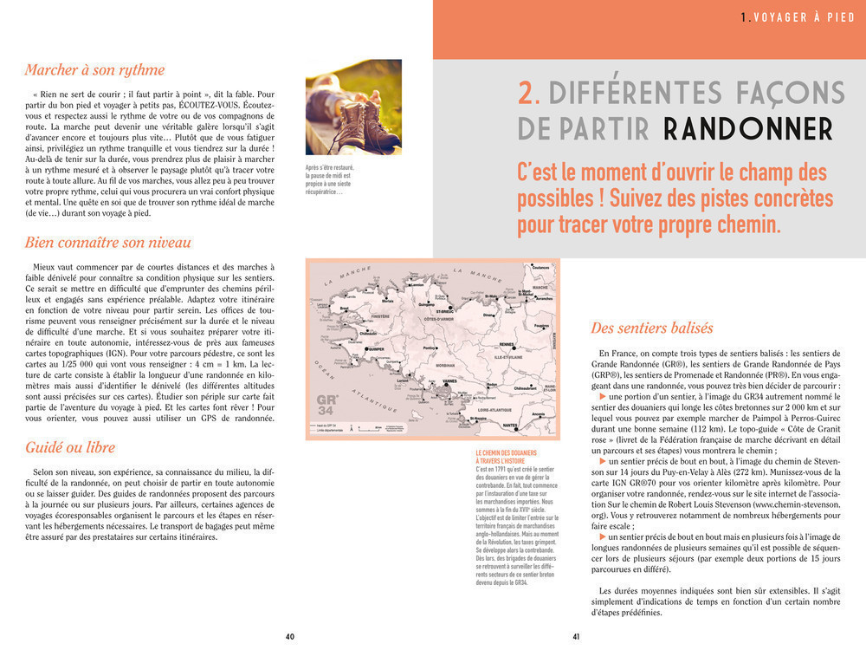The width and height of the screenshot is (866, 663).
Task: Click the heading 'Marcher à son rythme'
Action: click(94, 69)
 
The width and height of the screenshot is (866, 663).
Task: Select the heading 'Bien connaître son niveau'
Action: click(108, 243)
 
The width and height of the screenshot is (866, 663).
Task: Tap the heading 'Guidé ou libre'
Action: click(70, 447)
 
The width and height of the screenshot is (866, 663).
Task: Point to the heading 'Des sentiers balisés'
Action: click(652, 328)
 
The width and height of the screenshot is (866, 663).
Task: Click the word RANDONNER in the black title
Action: click(747, 129)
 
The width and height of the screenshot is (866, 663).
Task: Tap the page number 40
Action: click(290, 637)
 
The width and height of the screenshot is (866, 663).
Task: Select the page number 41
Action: click(576, 637)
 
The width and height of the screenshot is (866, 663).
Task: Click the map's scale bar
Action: click(366, 428)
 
